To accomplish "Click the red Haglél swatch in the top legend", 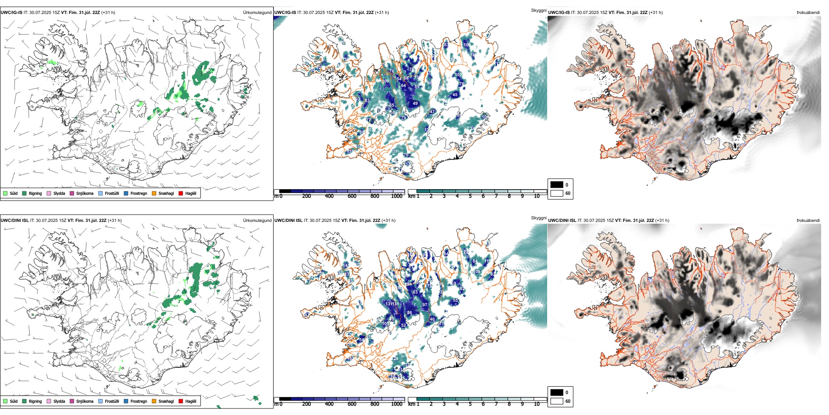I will [181, 193].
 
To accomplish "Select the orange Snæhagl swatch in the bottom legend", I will [154, 401].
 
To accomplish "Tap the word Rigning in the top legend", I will [35, 193].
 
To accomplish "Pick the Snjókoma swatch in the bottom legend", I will [72, 401].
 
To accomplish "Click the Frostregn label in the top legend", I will [139, 193].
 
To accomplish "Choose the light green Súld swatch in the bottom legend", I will [5, 401].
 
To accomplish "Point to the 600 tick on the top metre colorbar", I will [352, 196].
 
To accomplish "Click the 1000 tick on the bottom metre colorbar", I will [397, 404].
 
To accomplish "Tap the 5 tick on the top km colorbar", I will [470, 196].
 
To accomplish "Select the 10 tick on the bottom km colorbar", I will [537, 404].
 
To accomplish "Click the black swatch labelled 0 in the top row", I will [557, 185].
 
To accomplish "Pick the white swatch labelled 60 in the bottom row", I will [557, 401].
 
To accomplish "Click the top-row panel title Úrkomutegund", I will [257, 13].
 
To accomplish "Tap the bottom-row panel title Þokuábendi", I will [808, 221].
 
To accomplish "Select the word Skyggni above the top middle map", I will [538, 10].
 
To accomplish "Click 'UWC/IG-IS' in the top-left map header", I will [11, 13].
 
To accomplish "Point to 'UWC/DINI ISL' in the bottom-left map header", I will [14, 221].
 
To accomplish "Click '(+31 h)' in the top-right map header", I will [656, 13].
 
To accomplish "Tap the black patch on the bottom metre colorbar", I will [285, 399].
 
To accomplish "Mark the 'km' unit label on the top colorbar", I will [411, 196].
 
